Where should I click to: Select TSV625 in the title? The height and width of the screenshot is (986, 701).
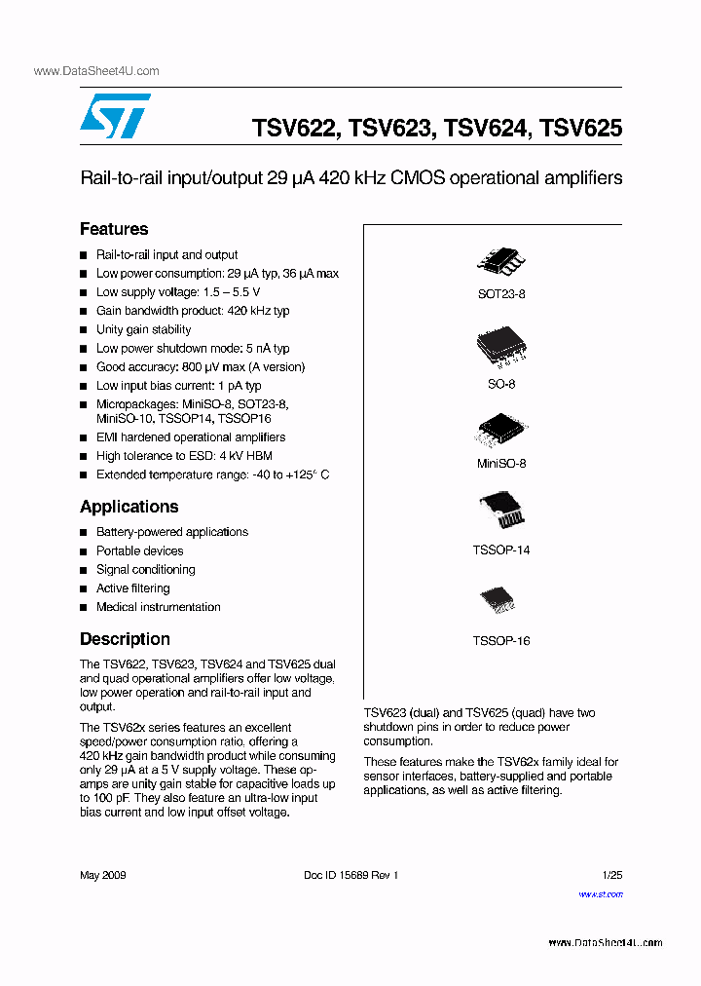click(x=580, y=128)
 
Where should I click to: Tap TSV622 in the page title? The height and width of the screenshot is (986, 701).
click(x=294, y=128)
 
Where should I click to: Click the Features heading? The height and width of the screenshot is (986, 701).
click(x=114, y=229)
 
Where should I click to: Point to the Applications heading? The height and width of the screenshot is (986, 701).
click(x=129, y=507)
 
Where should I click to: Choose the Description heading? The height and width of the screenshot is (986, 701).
click(x=125, y=639)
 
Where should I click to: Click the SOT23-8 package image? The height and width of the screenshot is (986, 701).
click(x=500, y=259)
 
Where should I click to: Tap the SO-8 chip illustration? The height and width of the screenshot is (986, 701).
click(x=500, y=347)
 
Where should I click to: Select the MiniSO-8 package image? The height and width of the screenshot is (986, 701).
click(x=500, y=430)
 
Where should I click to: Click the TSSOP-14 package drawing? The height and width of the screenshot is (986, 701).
click(x=500, y=512)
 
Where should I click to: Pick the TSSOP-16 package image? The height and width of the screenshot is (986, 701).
click(x=500, y=599)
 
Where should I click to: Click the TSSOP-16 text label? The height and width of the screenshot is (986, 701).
click(x=500, y=641)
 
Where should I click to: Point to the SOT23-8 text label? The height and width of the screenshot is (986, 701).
click(x=500, y=293)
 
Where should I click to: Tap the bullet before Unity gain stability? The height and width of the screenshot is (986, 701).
click(x=84, y=330)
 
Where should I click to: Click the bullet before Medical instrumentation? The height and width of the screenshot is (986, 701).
click(x=84, y=608)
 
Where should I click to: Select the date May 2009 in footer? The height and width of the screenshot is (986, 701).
click(x=102, y=875)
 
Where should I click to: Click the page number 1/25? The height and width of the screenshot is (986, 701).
click(x=612, y=875)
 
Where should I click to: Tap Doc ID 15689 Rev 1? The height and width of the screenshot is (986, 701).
click(x=351, y=875)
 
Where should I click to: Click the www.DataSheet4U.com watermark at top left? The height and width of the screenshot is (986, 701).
click(x=96, y=71)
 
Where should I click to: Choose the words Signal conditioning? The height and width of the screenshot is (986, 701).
click(x=145, y=570)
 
